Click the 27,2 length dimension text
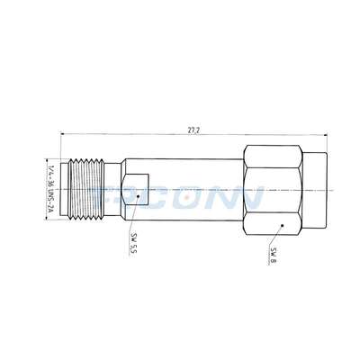coord(193,130)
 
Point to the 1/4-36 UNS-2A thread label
coord(49,190)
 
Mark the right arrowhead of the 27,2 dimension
coord(326,136)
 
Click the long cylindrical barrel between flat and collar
coord(189,180)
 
